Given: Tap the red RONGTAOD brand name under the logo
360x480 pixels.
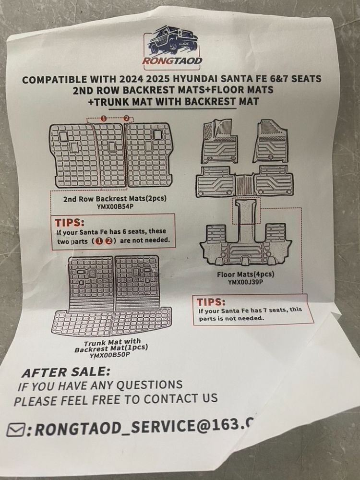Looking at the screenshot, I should [172, 60].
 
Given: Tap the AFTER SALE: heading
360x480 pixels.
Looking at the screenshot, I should [66, 372].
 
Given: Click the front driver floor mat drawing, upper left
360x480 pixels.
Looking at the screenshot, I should [219, 141].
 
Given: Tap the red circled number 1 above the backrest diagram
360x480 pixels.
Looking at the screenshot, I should [103, 118].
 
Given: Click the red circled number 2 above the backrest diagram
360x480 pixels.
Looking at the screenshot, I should [126, 118].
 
